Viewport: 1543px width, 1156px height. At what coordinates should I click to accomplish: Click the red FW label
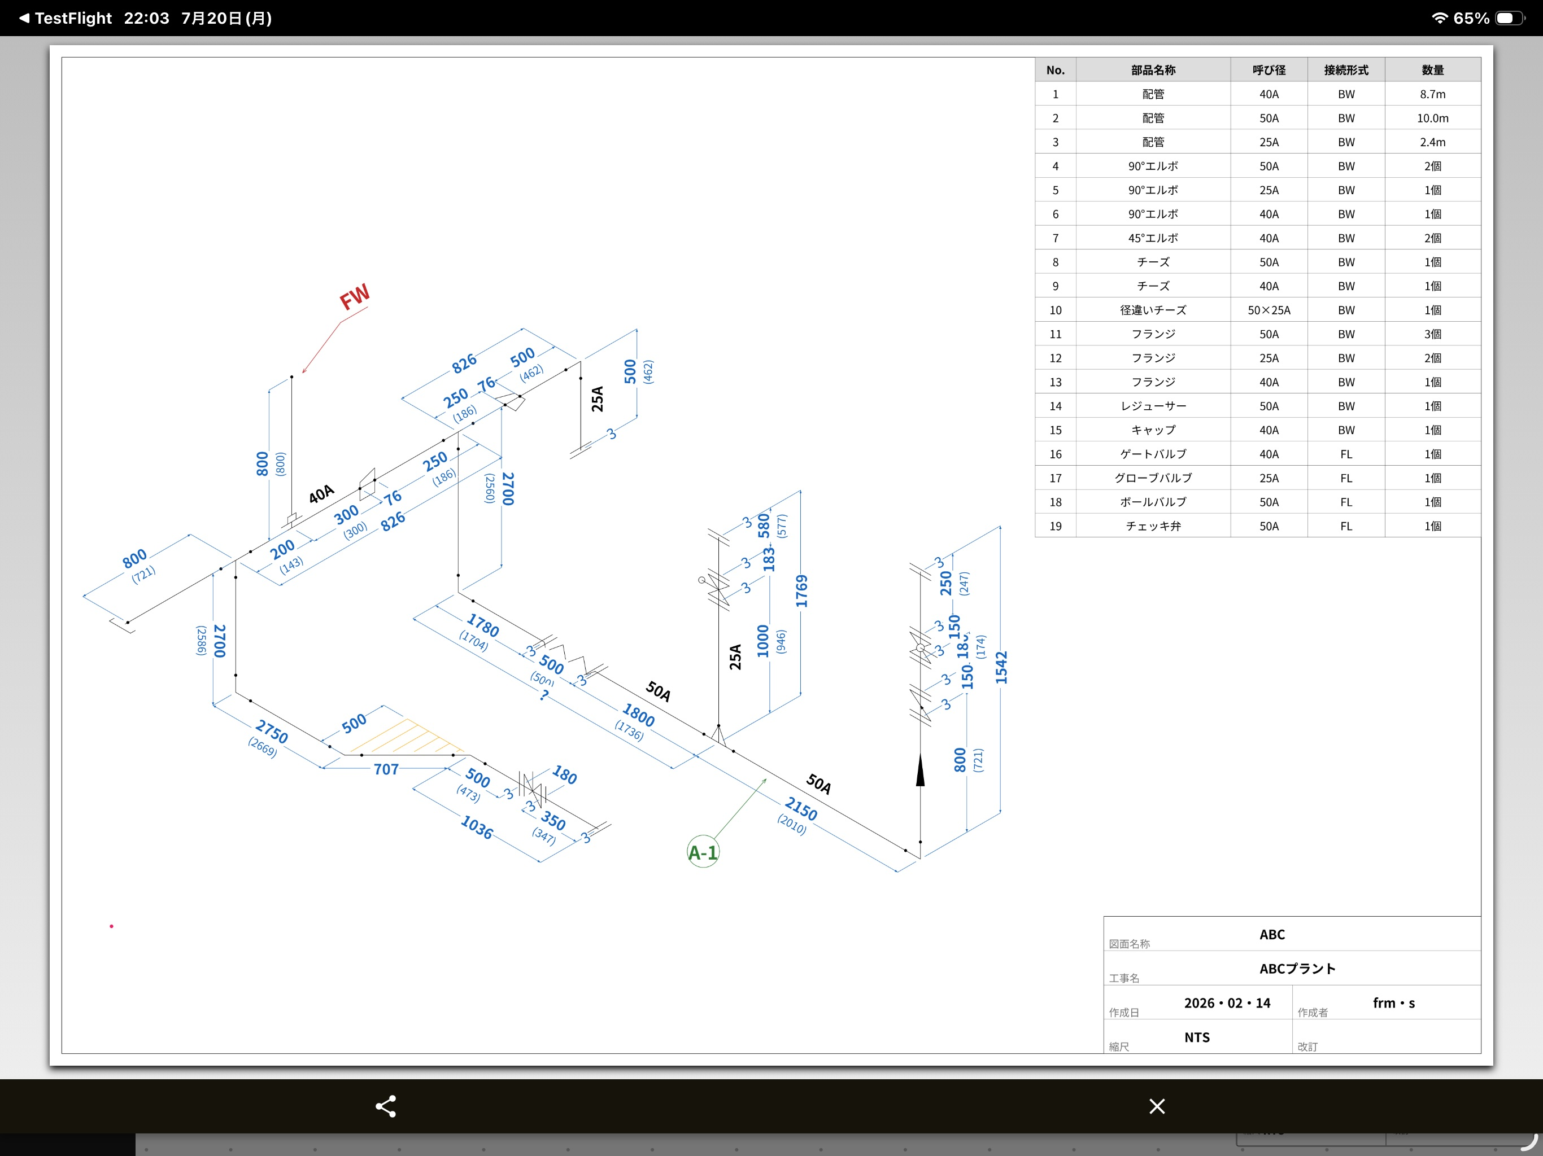tap(354, 296)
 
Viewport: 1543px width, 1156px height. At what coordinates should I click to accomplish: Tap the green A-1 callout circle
tap(703, 852)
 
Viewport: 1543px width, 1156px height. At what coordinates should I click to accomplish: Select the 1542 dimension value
tap(1002, 667)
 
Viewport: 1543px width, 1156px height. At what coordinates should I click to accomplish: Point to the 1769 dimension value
tap(801, 590)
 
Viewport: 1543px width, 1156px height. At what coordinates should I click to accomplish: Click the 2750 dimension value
tap(271, 732)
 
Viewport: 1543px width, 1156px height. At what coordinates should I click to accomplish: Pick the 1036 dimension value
tap(477, 827)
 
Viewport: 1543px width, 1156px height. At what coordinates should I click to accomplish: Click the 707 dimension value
tap(386, 769)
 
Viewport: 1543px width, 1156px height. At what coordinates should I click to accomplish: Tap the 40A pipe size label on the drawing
tap(321, 494)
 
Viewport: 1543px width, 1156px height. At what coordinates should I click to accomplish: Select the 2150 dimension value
tap(801, 809)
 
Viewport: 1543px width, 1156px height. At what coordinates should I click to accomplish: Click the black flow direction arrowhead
tap(920, 770)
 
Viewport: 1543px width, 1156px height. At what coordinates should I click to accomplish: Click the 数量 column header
tap(1433, 70)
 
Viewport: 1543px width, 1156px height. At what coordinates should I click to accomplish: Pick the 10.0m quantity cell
tap(1433, 118)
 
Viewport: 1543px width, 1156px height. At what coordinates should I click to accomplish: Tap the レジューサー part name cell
tap(1153, 406)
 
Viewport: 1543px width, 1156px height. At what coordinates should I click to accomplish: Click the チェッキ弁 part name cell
tap(1153, 526)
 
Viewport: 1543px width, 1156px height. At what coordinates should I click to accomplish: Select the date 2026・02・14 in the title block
tap(1227, 1002)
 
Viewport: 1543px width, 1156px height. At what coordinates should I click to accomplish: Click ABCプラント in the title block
tap(1297, 969)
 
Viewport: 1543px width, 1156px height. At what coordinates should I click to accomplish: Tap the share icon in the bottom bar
tap(386, 1106)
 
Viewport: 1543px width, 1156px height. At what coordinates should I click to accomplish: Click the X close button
tap(1157, 1106)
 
